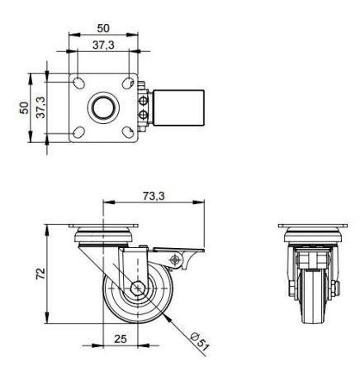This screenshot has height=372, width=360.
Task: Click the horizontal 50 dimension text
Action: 103,28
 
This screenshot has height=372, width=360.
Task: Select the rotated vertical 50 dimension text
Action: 25,107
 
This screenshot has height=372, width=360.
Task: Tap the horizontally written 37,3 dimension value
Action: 103,45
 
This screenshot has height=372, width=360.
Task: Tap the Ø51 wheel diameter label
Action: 201,340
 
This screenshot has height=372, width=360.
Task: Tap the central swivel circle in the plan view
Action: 103,107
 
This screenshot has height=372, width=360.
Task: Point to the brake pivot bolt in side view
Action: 174,260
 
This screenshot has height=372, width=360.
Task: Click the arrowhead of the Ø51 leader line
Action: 165,319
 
